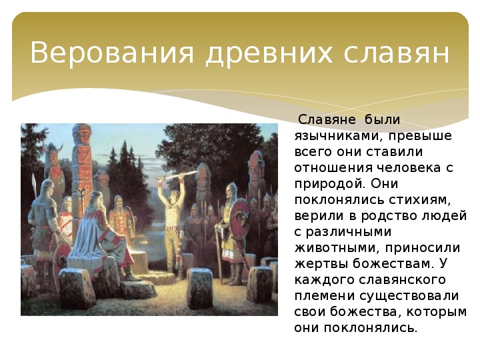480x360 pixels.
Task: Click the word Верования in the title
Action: [112, 53]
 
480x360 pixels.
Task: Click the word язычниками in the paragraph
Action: [337, 136]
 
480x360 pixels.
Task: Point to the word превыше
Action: [420, 135]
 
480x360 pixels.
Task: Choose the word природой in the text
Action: [329, 184]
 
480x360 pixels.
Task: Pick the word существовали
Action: [409, 296]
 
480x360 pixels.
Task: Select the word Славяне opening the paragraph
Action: [327, 120]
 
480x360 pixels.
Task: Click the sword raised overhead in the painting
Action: [177, 176]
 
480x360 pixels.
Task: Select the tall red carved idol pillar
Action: [81, 171]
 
